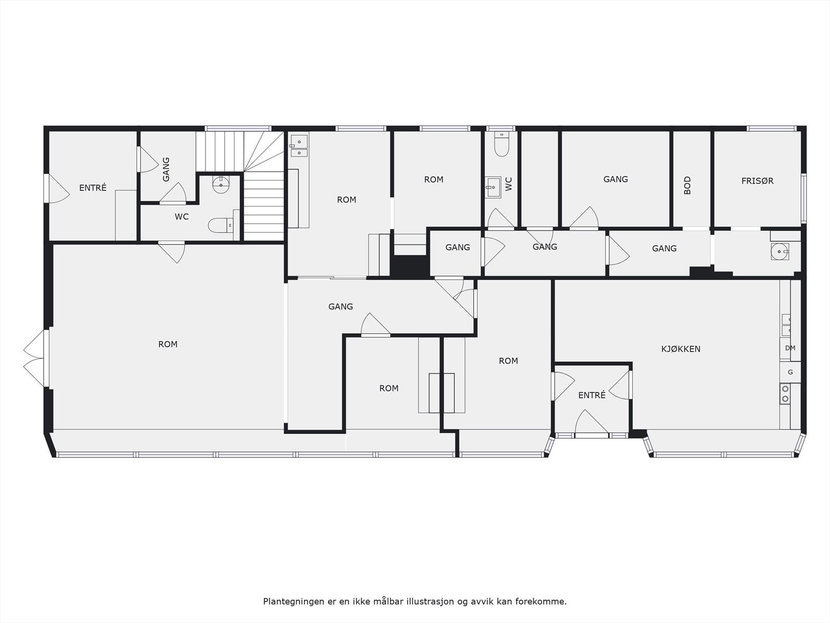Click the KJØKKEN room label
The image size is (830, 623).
[x=681, y=349]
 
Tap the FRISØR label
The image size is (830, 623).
[x=757, y=181]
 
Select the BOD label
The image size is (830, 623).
[x=687, y=185]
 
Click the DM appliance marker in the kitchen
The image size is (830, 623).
[x=790, y=348]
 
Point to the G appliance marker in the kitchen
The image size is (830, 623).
[x=790, y=372]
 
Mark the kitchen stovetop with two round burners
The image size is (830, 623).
[x=785, y=394]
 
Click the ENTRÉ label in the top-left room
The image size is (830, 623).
[x=93, y=188]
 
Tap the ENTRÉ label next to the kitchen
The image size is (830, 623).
[x=592, y=395]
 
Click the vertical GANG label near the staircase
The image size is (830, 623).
[x=166, y=169]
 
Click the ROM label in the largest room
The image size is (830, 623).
[x=168, y=344]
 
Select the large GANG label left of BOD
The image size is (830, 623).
[x=616, y=179]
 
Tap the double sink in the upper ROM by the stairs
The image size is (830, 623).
[x=299, y=146]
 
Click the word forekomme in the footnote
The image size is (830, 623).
[x=544, y=601]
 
